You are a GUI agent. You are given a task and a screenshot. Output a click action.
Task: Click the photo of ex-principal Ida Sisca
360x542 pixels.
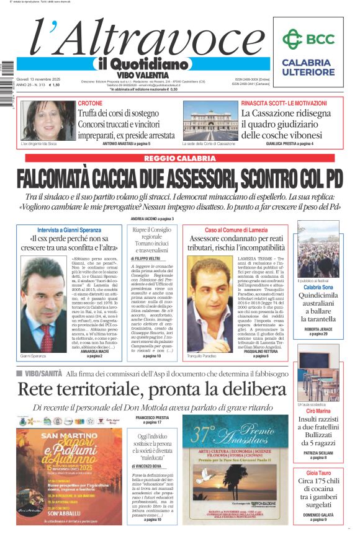tap(48, 120)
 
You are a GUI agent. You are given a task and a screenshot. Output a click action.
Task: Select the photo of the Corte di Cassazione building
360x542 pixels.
tap(209, 120)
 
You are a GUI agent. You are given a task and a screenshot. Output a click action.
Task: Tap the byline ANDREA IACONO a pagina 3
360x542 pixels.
tap(152, 219)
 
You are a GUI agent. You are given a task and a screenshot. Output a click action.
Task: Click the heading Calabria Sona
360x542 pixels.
tap(318, 288)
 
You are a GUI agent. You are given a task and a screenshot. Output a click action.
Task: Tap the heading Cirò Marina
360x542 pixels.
tap(318, 411)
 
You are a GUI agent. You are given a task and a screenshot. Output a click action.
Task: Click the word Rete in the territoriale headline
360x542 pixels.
tap(38, 389)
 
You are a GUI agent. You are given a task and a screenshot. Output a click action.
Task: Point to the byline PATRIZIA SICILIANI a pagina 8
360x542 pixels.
tap(318, 455)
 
